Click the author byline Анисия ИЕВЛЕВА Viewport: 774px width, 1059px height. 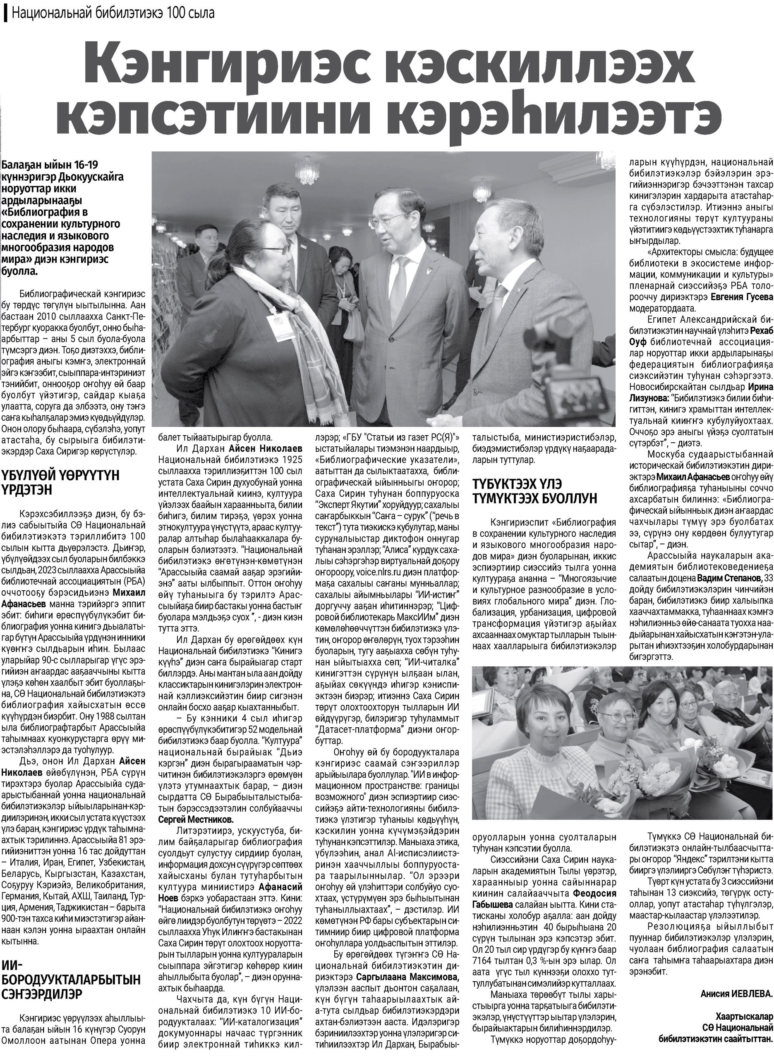[x=736, y=980]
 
